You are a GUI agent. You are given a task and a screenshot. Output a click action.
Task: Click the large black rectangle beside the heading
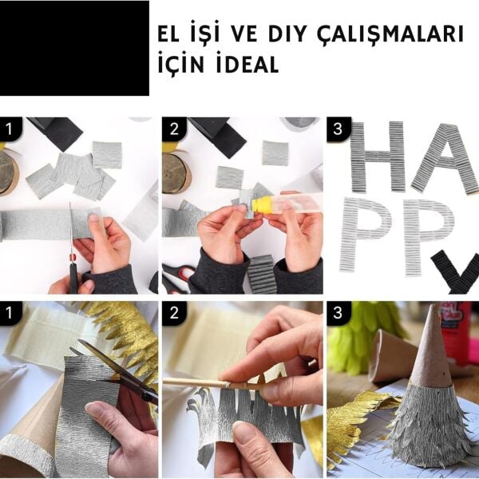pos(74,48)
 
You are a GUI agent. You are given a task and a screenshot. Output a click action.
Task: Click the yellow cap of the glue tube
pos(263,205)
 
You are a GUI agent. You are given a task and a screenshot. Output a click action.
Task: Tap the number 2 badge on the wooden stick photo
pos(174,313)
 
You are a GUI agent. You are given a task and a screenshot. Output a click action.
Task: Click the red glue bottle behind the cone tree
pos(457,331)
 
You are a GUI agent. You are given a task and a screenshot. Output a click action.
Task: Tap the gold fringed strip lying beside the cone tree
pos(355,423)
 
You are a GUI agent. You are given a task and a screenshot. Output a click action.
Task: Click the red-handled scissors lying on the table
pos(177,276)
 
